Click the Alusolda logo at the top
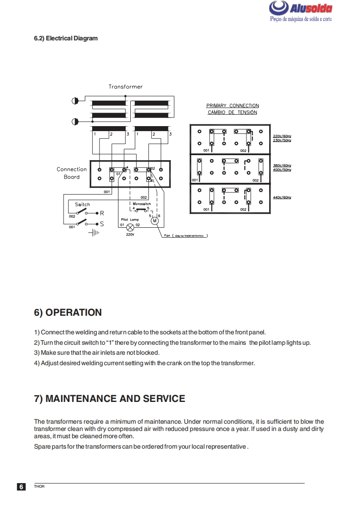pyautogui.click(x=301, y=9)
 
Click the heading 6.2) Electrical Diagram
pyautogui.click(x=66, y=38)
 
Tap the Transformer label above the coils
pyautogui.click(x=125, y=86)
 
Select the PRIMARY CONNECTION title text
pyautogui.click(x=232, y=106)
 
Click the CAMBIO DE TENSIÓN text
pyautogui.click(x=232, y=112)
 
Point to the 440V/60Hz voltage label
pyautogui.click(x=282, y=198)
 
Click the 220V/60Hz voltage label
pyautogui.click(x=282, y=136)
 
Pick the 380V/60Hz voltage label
pyautogui.click(x=282, y=166)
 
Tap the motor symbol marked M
pyautogui.click(x=154, y=220)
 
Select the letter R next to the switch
pyautogui.click(x=102, y=213)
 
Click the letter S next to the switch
pyautogui.click(x=102, y=224)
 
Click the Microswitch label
pyautogui.click(x=142, y=204)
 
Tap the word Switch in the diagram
pyautogui.click(x=83, y=205)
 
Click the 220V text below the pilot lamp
pyautogui.click(x=130, y=235)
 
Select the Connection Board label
pyautogui.click(x=72, y=173)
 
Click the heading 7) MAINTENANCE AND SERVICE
pyautogui.click(x=109, y=399)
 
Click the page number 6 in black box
pyautogui.click(x=21, y=487)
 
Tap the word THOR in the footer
pyautogui.click(x=39, y=487)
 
